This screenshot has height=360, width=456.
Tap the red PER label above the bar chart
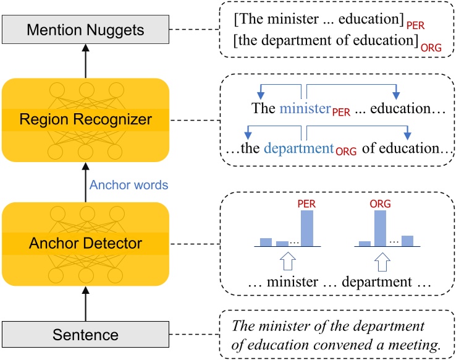tap(306, 204)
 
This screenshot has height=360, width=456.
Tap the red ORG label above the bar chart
tap(381, 204)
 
